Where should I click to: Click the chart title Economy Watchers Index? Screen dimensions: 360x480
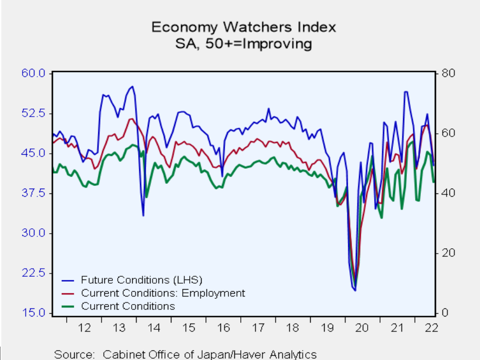[243, 27]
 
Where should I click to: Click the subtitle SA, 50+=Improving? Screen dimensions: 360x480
[243, 43]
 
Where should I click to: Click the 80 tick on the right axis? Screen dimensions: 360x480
[448, 73]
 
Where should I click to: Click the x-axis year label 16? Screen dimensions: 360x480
[224, 327]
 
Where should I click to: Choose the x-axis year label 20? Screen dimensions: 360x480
[361, 327]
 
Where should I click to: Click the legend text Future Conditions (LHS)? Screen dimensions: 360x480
[141, 279]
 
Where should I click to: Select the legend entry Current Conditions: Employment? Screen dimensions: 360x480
[163, 293]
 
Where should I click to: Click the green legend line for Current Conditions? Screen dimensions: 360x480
[68, 306]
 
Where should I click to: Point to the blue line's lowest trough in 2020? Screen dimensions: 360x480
[355, 290]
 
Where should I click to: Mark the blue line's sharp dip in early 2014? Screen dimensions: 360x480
[143, 215]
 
